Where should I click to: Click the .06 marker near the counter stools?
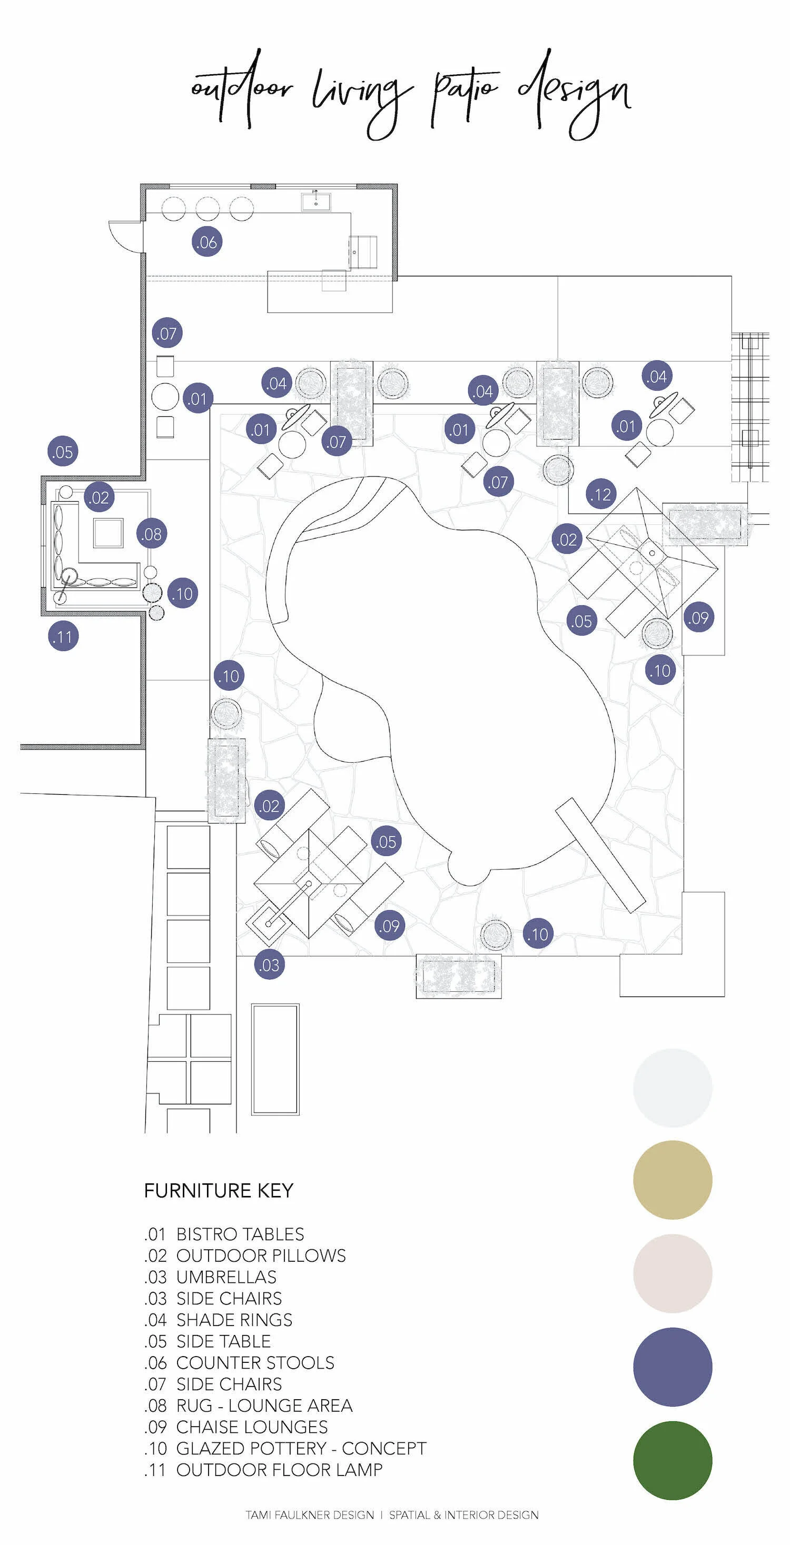[207, 242]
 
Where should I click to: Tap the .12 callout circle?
[601, 494]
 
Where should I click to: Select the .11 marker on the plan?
[63, 636]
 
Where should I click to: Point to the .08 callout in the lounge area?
[152, 533]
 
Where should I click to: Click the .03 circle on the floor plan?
[269, 965]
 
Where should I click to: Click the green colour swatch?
[673, 1460]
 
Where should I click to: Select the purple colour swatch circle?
[673, 1367]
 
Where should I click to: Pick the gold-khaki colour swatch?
[673, 1180]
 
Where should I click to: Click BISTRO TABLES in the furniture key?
[240, 1234]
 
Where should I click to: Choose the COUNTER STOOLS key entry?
[255, 1363]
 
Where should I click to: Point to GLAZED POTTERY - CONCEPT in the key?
[301, 1449]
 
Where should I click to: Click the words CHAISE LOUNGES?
[252, 1427]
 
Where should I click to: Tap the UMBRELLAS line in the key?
[226, 1277]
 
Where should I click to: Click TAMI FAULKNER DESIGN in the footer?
[310, 1515]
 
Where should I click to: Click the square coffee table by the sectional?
[108, 533]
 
